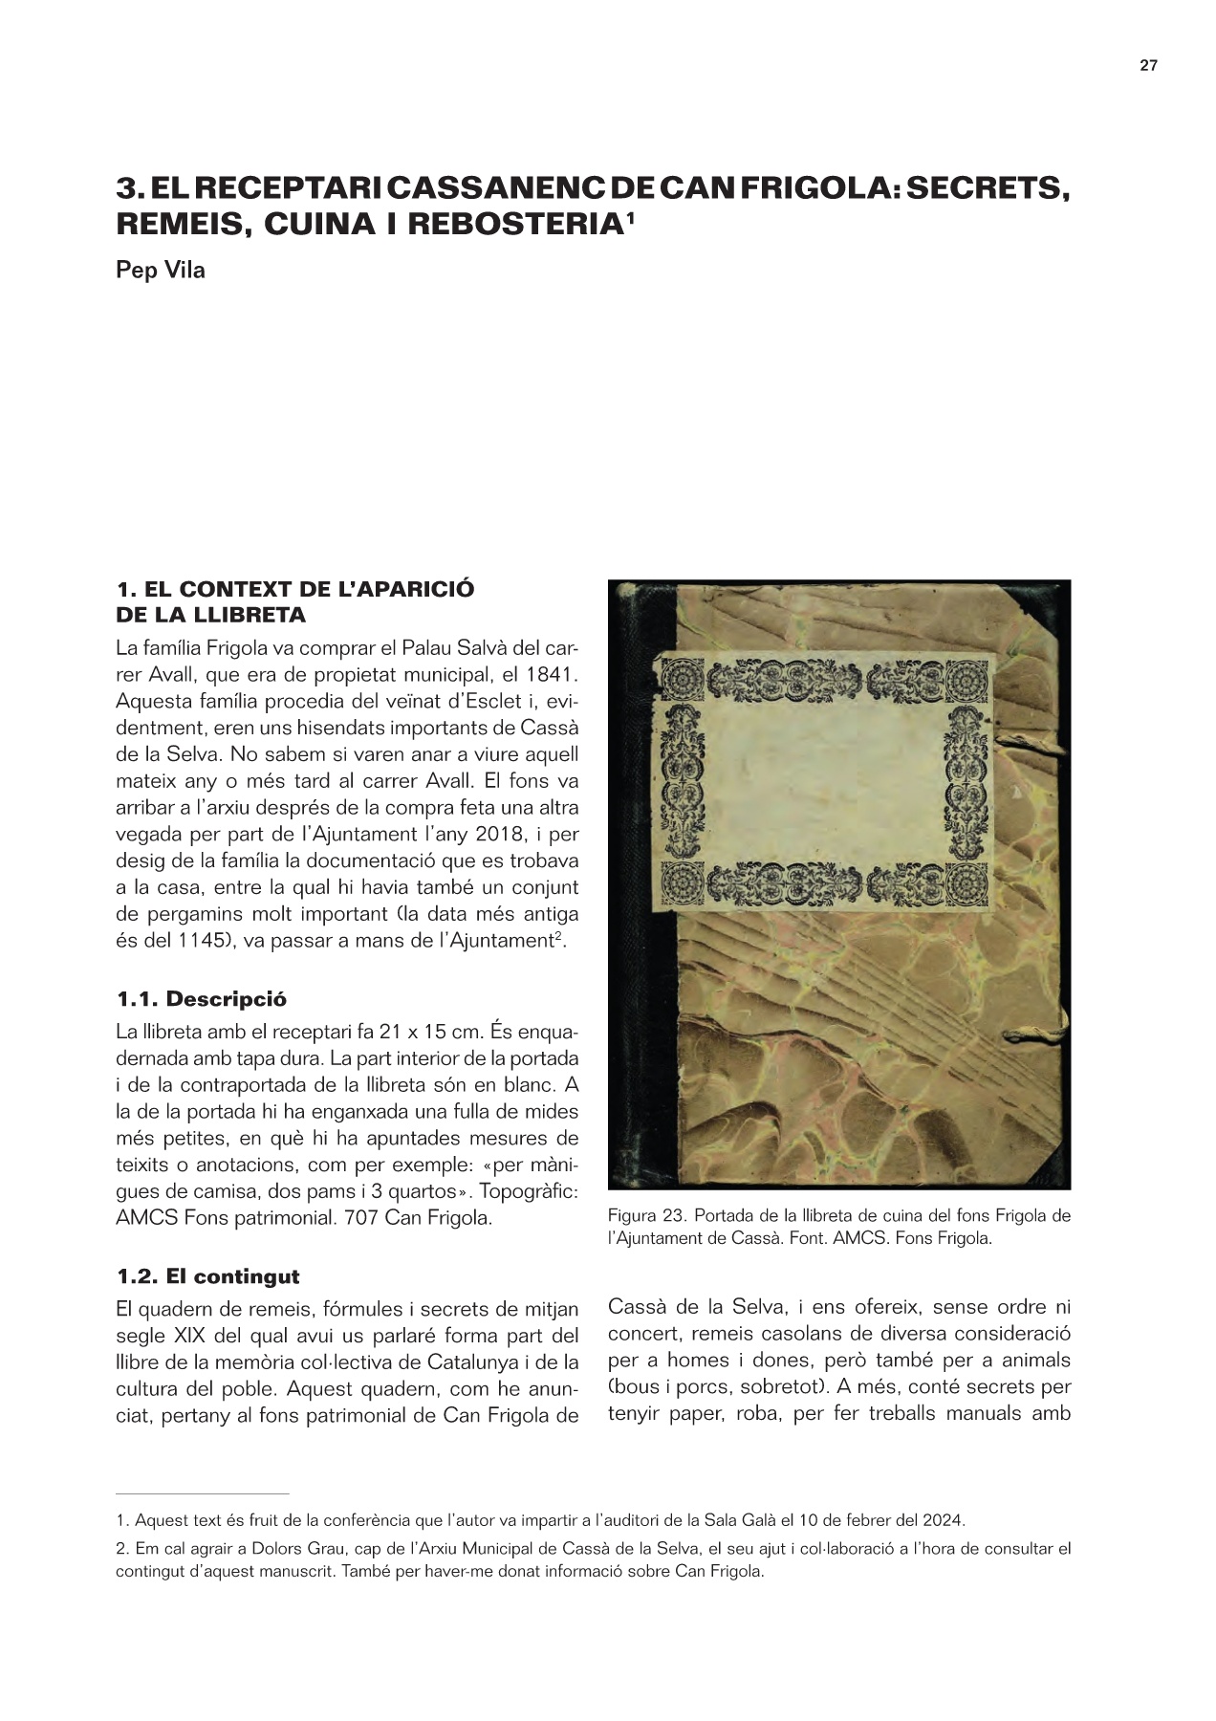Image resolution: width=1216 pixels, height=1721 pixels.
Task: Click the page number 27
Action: (x=1148, y=66)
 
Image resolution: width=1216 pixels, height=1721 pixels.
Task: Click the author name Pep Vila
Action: (x=160, y=270)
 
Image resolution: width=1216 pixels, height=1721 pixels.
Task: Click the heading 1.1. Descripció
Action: (x=202, y=999)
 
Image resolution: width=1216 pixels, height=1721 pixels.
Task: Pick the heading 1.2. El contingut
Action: (x=207, y=1276)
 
